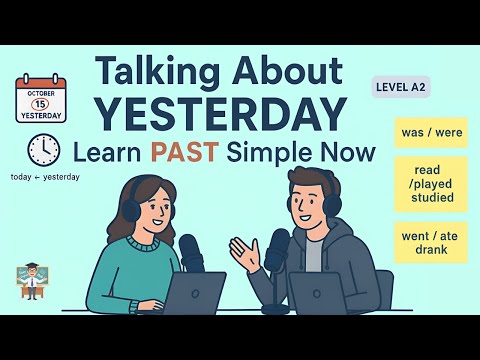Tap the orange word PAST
(181, 154)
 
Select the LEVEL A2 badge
(400, 87)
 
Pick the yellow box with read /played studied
(430, 184)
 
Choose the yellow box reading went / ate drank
(430, 242)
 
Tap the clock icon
(44, 150)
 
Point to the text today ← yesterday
(45, 177)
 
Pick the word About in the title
(294, 71)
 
